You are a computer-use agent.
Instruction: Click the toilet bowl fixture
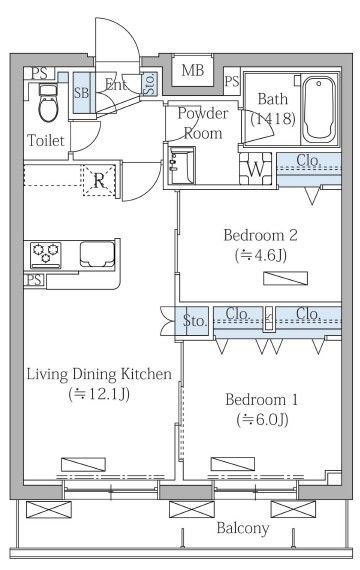(46, 103)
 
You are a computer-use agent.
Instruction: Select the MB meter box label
(193, 70)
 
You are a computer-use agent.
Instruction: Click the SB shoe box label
(81, 93)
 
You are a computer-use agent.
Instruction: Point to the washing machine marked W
(256, 169)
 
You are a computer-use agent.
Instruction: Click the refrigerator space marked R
(99, 180)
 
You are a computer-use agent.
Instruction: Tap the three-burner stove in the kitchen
(46, 253)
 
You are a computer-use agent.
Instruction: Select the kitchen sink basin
(97, 253)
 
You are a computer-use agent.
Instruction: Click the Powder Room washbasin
(181, 165)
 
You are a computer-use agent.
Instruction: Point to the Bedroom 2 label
(260, 235)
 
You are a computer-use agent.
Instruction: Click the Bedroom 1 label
(261, 400)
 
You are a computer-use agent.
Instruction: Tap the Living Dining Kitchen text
(99, 374)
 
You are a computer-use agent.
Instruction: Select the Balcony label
(243, 528)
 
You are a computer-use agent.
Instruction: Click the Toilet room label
(46, 140)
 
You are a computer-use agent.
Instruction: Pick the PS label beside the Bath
(232, 81)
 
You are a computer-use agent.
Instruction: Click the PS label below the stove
(35, 280)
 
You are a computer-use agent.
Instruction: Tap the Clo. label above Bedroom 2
(308, 160)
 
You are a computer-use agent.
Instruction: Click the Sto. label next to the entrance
(150, 84)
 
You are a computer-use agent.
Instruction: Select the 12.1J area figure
(99, 394)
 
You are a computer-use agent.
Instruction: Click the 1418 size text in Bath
(273, 119)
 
